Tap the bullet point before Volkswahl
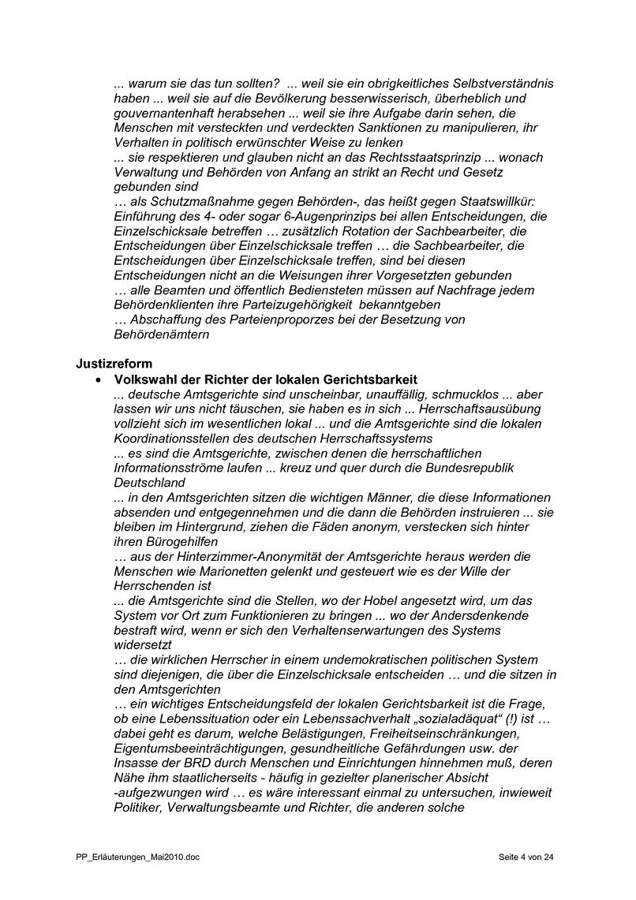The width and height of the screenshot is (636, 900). point(98,380)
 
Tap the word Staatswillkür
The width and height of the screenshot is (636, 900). point(491,202)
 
